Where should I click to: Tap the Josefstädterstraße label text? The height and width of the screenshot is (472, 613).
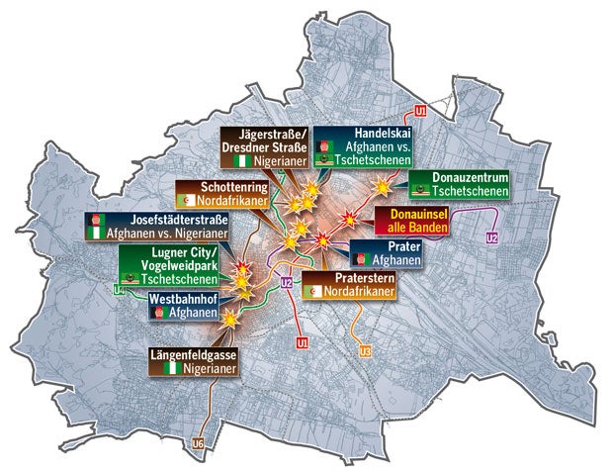pyautogui.click(x=160, y=220)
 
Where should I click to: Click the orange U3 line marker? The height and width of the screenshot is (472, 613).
pyautogui.click(x=365, y=352)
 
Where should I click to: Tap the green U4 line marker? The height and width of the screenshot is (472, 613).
pyautogui.click(x=119, y=290)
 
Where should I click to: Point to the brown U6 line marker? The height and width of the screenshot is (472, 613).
pyautogui.click(x=200, y=442)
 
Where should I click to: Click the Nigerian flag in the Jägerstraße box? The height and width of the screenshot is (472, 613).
pyautogui.click(x=237, y=160)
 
